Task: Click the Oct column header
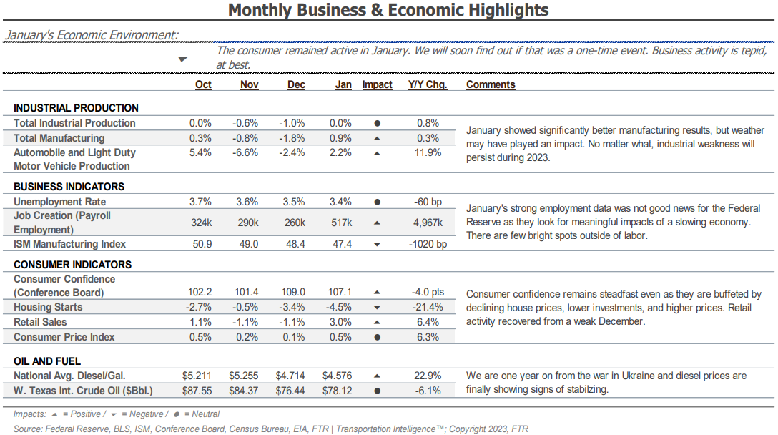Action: pos(203,84)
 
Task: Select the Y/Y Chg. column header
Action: pos(428,84)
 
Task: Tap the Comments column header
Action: pos(491,84)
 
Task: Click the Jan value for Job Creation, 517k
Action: pos(341,223)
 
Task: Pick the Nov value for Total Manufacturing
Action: pos(245,138)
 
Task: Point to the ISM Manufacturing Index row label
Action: pos(69,244)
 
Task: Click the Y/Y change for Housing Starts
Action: pos(428,307)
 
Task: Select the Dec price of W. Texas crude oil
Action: pos(290,391)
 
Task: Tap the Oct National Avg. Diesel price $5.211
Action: pos(197,376)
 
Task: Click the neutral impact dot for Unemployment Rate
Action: pos(377,202)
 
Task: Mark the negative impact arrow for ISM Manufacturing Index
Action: pos(377,244)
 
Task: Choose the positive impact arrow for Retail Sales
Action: pos(377,322)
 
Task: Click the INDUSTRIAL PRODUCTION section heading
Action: pos(76,108)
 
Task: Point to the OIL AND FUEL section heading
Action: pos(47,361)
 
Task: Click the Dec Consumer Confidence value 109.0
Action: pos(293,292)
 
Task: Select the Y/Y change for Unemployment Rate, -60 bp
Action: pos(428,202)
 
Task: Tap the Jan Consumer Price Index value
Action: pos(340,337)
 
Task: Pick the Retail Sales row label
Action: pos(40,322)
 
